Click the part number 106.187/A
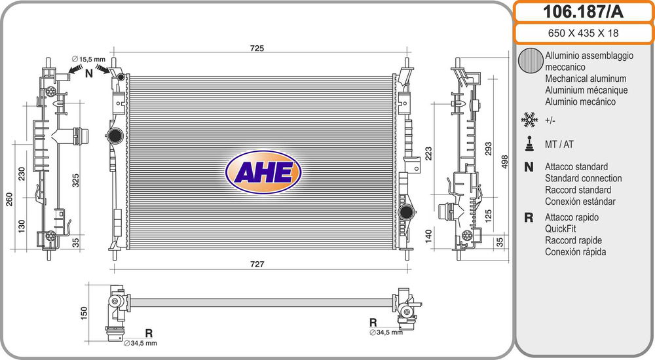[x=583, y=12]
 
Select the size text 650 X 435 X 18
[x=583, y=33]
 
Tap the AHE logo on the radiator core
[x=263, y=172]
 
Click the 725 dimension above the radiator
[x=257, y=48]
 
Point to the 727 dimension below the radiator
[x=257, y=264]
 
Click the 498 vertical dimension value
[x=504, y=162]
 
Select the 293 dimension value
[x=489, y=149]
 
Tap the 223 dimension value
[x=428, y=153]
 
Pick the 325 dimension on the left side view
[x=75, y=180]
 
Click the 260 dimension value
[x=9, y=199]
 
